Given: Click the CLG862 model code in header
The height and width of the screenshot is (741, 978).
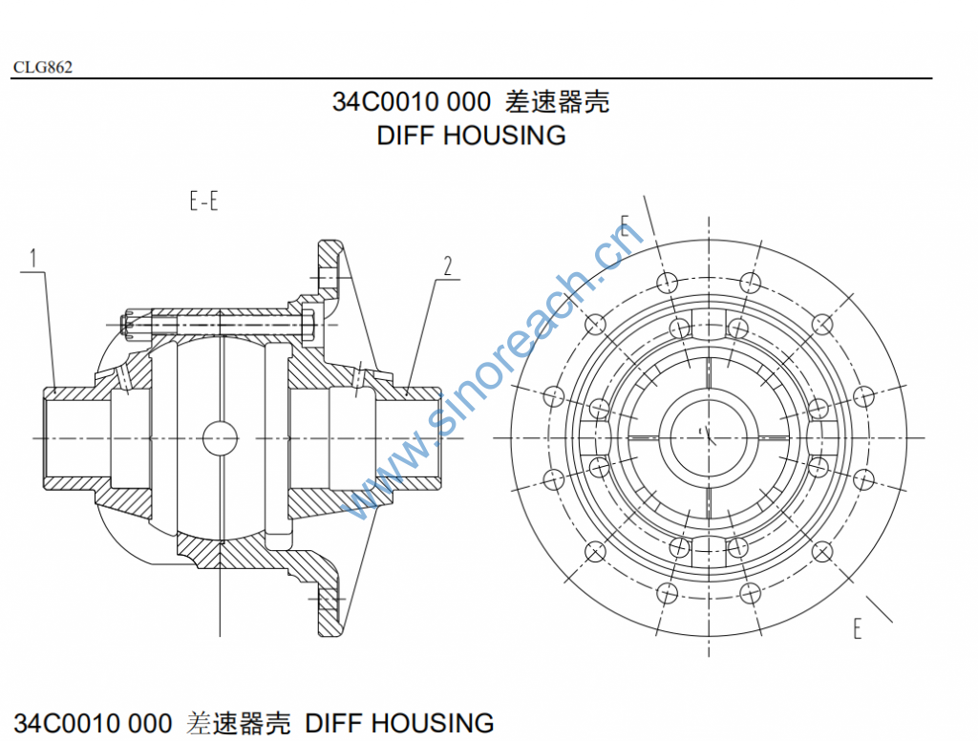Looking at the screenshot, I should tap(43, 67).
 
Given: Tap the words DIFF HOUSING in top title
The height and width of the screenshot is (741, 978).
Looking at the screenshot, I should tap(471, 136).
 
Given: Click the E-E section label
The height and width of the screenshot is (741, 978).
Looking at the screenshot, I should tap(203, 202).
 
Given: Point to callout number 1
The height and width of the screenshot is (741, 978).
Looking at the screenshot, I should tap(33, 258).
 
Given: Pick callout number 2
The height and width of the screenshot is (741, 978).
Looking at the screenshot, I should tap(446, 265).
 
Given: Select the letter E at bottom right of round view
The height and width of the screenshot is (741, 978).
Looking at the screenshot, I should tap(858, 627).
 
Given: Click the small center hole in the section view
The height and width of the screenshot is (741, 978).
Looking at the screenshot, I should tap(220, 438).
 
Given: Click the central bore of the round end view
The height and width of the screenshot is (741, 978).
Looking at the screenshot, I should tap(707, 435).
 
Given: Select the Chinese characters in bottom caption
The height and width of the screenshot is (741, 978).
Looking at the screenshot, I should tap(239, 723).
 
